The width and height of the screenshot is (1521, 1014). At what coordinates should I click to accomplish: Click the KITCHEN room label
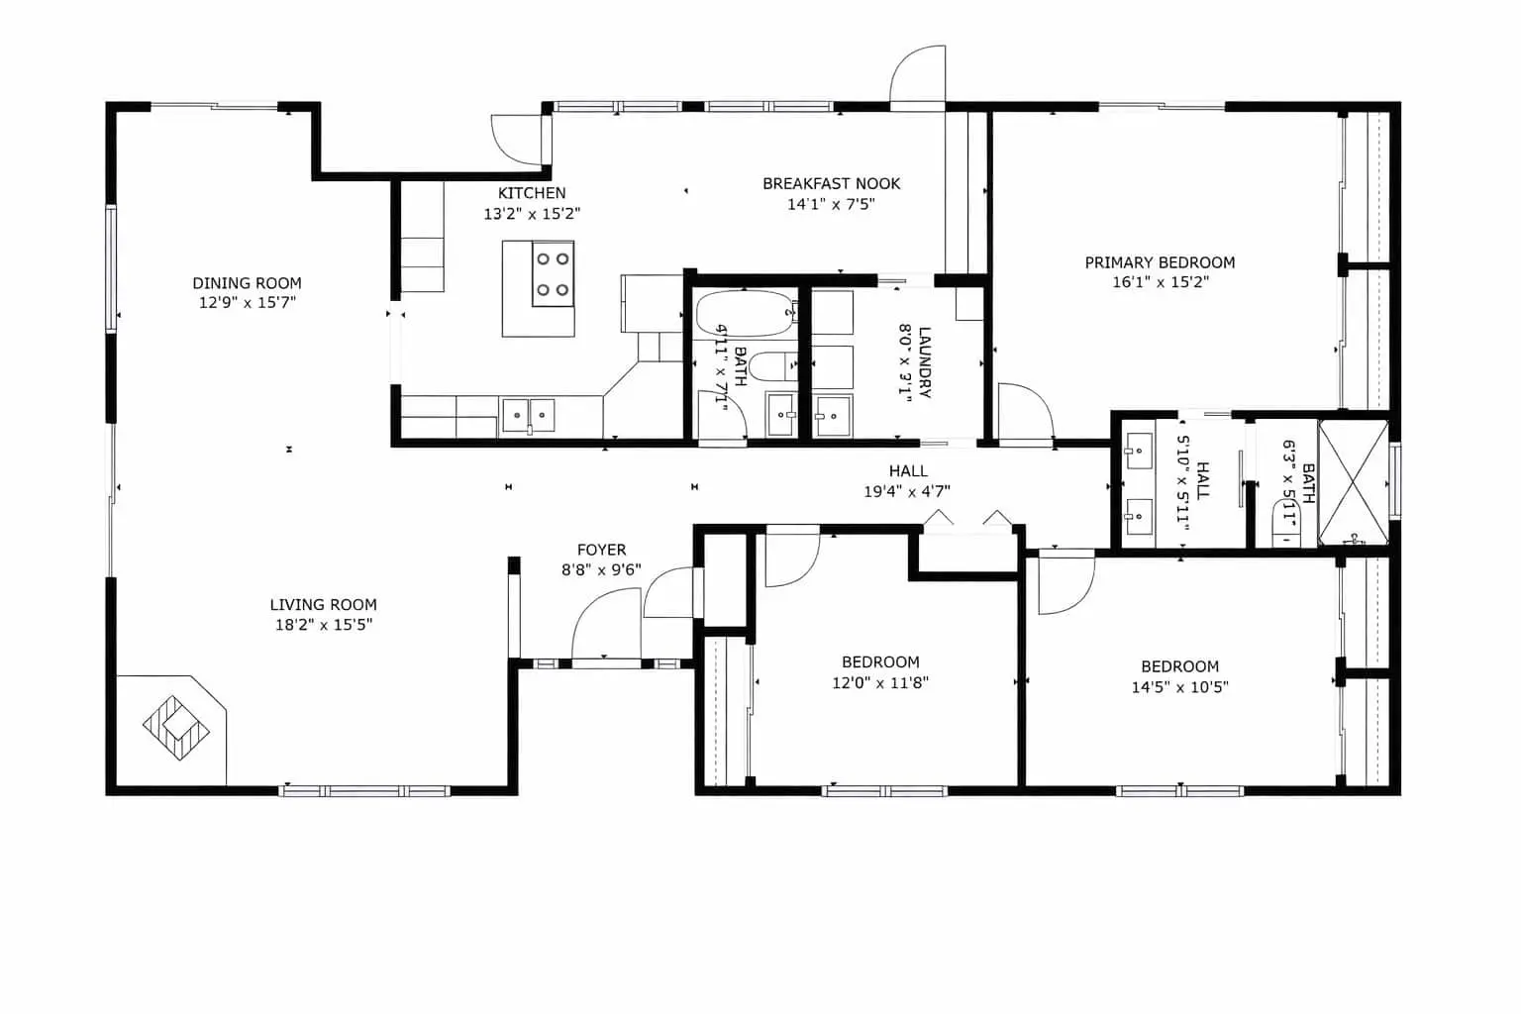pyautogui.click(x=532, y=193)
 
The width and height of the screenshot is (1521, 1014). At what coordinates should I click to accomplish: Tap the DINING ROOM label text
pyautogui.click(x=248, y=283)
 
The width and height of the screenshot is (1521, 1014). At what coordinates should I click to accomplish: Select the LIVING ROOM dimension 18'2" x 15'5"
pyautogui.click(x=324, y=625)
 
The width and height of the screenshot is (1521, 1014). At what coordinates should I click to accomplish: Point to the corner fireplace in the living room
pyautogui.click(x=176, y=728)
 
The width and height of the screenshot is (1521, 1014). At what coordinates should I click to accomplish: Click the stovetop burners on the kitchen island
pyautogui.click(x=553, y=274)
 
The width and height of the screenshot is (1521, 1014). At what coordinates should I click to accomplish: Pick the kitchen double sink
pyautogui.click(x=528, y=415)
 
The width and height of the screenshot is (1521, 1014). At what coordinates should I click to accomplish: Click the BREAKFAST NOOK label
pyautogui.click(x=831, y=183)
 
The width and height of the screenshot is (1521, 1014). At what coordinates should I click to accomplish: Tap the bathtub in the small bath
pyautogui.click(x=745, y=314)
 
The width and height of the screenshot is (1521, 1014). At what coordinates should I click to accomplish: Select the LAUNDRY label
pyautogui.click(x=924, y=362)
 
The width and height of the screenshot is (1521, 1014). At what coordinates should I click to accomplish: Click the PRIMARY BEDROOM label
pyautogui.click(x=1160, y=262)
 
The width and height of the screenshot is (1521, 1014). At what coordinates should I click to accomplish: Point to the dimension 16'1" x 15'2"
pyautogui.click(x=1161, y=282)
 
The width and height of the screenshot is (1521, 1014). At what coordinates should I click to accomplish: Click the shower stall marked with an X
pyautogui.click(x=1354, y=482)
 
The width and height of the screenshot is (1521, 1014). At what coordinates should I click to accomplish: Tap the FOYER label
pyautogui.click(x=602, y=550)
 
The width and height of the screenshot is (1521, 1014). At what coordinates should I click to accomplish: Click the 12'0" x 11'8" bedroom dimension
pyautogui.click(x=880, y=682)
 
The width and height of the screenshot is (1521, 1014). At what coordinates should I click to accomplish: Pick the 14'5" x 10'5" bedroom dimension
pyautogui.click(x=1180, y=687)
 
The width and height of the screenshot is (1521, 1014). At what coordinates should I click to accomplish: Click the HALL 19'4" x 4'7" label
pyautogui.click(x=908, y=481)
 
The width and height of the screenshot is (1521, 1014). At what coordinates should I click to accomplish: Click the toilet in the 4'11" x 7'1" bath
pyautogui.click(x=774, y=367)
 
